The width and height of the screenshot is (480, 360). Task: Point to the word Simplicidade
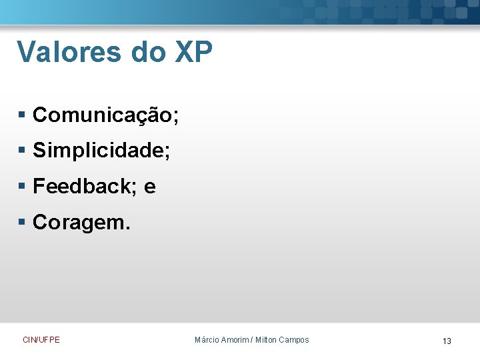(99, 151)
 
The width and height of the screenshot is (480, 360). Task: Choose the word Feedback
(83, 187)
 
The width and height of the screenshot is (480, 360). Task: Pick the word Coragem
(79, 223)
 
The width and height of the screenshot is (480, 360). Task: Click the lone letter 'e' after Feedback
(149, 188)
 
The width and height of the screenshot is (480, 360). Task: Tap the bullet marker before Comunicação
(22, 116)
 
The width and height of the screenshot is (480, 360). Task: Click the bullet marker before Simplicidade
(22, 151)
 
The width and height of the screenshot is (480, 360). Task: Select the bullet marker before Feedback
(22, 187)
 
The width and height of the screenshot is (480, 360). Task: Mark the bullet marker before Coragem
(22, 222)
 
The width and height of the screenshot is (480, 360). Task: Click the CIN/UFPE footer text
(41, 340)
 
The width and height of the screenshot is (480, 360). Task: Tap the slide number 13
(447, 341)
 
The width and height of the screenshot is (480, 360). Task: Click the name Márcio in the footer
(206, 340)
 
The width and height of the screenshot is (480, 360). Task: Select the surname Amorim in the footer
(235, 340)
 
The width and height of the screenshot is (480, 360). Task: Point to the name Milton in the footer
(266, 340)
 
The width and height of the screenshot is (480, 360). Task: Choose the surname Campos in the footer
(295, 340)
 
